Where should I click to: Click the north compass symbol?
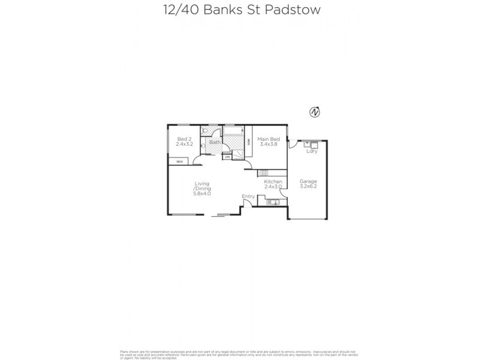313,112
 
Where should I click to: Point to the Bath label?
214,142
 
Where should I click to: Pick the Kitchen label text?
274,181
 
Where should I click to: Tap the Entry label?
248,196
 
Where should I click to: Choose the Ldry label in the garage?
311,151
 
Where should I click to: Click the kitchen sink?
272,203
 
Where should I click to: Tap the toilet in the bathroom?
205,131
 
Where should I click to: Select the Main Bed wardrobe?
249,142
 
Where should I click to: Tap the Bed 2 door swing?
197,160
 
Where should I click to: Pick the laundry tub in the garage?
311,145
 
